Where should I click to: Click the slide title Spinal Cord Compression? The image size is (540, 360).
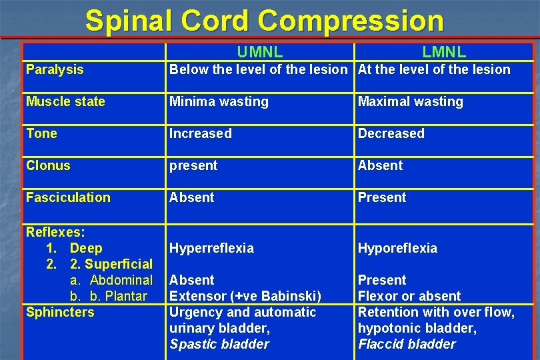(264, 21)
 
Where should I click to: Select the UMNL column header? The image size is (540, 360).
(260, 52)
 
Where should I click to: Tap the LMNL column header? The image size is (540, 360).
(444, 52)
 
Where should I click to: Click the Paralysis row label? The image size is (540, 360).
(55, 69)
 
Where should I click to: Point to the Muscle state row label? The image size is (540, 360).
(65, 101)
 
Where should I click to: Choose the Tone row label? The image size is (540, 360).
(41, 133)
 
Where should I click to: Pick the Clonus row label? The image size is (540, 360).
(48, 165)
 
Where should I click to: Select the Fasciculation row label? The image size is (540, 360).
(68, 197)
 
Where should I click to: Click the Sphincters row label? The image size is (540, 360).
(60, 312)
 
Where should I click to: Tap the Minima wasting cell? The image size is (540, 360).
(219, 101)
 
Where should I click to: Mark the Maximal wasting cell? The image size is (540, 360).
(410, 101)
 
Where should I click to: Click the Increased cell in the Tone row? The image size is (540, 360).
(201, 133)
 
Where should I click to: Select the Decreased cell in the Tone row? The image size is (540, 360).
(391, 133)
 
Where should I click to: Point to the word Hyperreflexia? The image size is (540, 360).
(211, 248)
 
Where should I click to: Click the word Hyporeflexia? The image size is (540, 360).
(397, 248)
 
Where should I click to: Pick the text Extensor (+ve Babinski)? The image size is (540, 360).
(245, 296)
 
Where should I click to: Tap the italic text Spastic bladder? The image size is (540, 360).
(219, 344)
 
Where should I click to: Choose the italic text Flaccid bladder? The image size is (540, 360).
(407, 344)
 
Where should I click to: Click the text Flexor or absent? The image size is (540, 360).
(409, 296)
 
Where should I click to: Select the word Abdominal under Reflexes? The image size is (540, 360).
(121, 280)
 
